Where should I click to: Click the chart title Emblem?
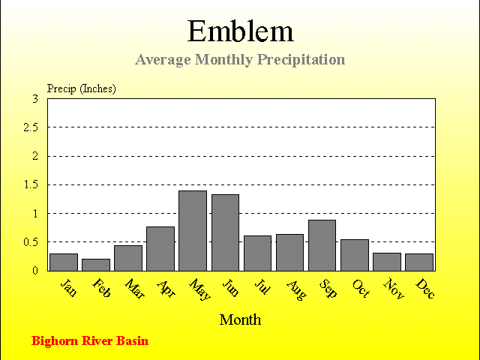[x=240, y=31]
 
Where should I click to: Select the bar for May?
[x=193, y=231]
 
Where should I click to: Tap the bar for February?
[x=96, y=265]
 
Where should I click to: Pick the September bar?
[x=322, y=245]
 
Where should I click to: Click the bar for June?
[x=225, y=232]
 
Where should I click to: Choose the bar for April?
[x=160, y=249]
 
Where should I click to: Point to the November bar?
[x=387, y=262]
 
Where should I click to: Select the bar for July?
[x=257, y=253]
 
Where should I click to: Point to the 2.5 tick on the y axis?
[x=31, y=127]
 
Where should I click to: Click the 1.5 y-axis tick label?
[x=31, y=184]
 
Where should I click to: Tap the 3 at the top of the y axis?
[x=35, y=99]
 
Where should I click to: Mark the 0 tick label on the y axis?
[x=35, y=271]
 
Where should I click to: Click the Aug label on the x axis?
[x=296, y=290]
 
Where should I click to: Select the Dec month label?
[x=425, y=288]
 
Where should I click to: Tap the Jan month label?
[x=68, y=288]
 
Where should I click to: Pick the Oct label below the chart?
[x=361, y=288]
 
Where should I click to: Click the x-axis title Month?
[x=240, y=319]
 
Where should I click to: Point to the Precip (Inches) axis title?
[x=82, y=88]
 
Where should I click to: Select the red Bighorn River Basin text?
[x=90, y=341]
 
